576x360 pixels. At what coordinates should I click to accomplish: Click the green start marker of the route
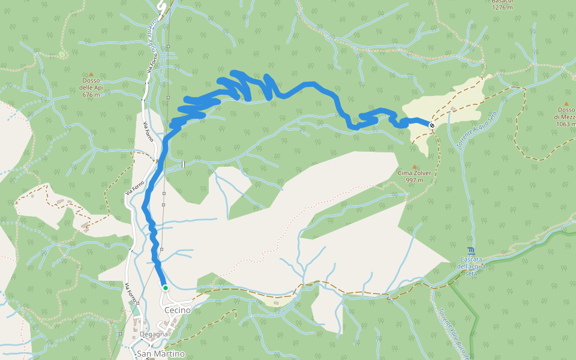coord(165,288)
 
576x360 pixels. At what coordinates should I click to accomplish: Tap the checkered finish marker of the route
coord(432,125)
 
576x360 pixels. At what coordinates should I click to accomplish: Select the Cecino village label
coord(177,310)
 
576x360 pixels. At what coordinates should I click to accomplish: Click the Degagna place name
coord(154,334)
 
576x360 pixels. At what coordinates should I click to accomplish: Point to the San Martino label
coord(160,353)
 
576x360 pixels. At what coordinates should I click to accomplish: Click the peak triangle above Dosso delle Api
coord(91,74)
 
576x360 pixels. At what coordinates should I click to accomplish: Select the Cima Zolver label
coord(414,173)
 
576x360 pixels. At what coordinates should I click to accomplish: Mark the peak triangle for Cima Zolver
coord(414,166)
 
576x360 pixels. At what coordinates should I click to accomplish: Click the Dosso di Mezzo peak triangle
coord(566,103)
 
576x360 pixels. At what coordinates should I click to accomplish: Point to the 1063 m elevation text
coord(566,124)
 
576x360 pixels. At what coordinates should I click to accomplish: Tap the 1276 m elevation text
coord(502,8)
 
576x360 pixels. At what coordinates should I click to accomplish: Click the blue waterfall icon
coord(470,250)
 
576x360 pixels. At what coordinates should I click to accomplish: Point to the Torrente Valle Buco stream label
coord(454,334)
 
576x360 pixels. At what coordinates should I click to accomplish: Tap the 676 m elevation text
coord(91,95)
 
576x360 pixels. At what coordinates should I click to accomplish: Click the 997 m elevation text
coord(414,180)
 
